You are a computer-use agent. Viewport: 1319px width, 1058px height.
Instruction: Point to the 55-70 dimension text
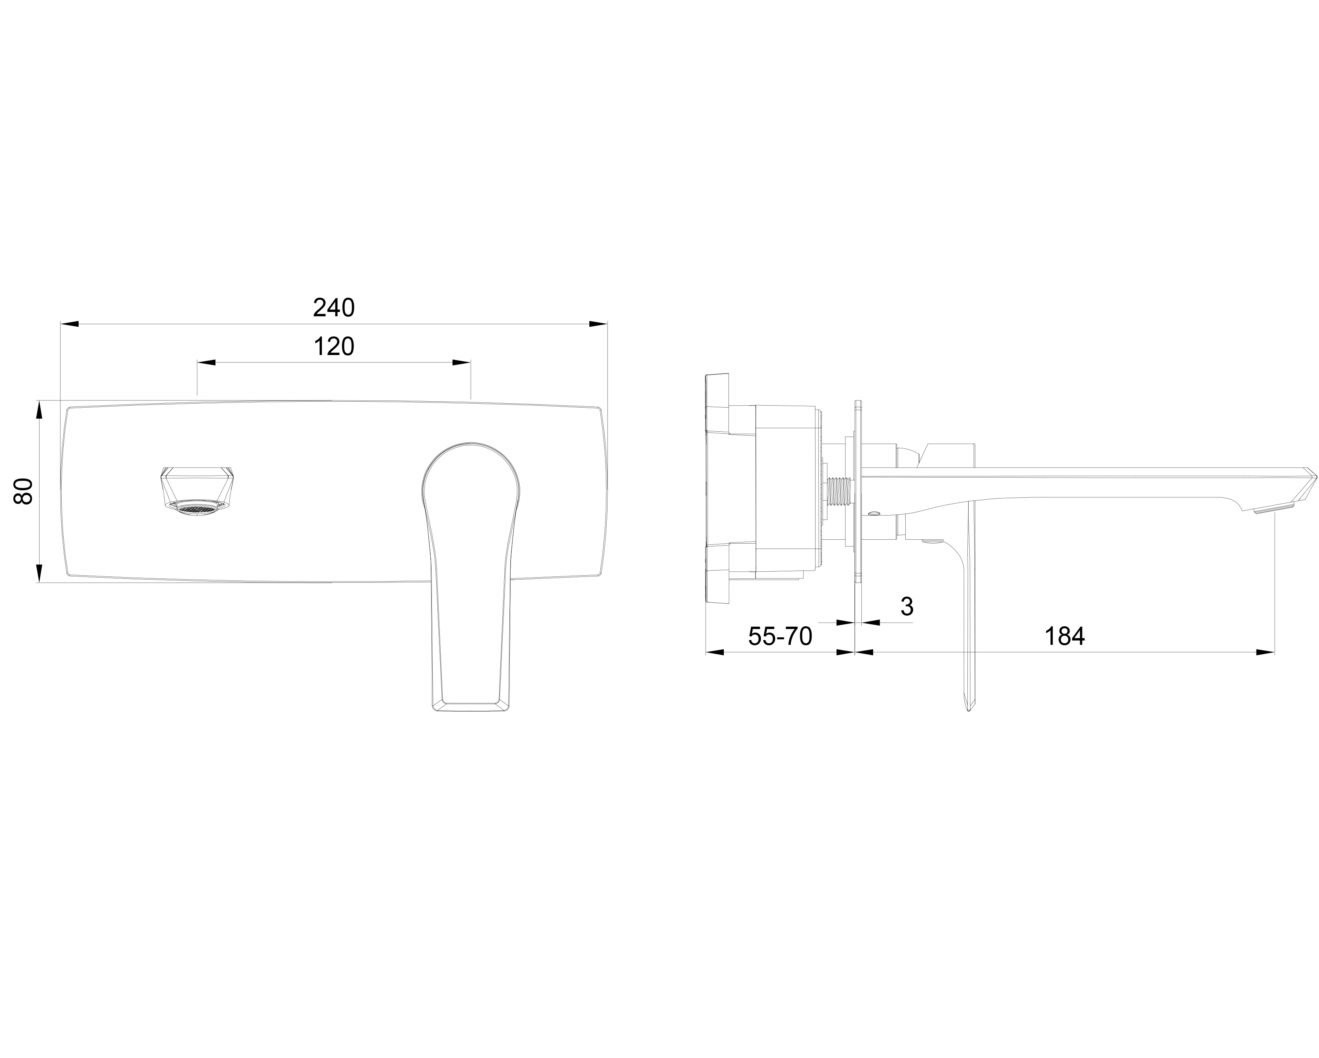point(780,637)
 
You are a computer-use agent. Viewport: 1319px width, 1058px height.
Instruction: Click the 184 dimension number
point(1065,637)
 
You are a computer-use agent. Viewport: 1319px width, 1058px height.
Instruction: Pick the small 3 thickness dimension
point(907,606)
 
